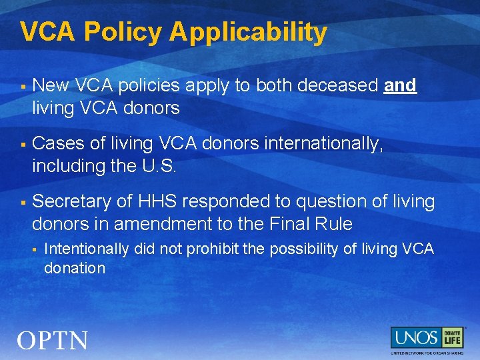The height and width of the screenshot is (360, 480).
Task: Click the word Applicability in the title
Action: (x=248, y=33)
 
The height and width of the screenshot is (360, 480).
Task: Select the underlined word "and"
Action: (x=400, y=85)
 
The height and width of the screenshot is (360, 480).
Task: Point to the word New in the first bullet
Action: (x=51, y=85)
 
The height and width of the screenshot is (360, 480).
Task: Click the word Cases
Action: (x=57, y=143)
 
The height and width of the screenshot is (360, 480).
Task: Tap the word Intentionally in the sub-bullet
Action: (x=86, y=249)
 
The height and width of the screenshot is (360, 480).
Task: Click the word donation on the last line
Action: (x=75, y=268)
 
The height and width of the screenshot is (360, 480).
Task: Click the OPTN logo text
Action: (x=53, y=341)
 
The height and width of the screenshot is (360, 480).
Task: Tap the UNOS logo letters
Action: (x=415, y=337)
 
